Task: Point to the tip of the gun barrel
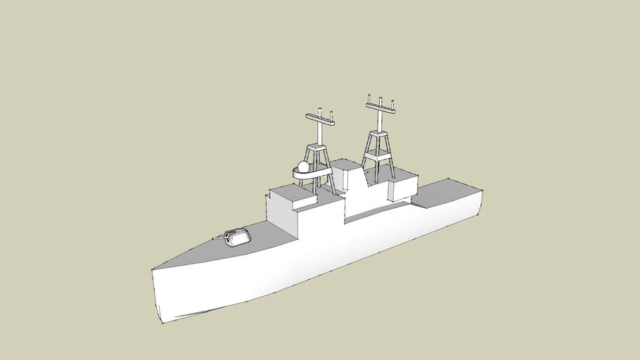pyautogui.click(x=213, y=239)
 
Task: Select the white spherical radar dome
pyautogui.click(x=303, y=167)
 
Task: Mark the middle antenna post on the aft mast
pyautogui.click(x=380, y=102)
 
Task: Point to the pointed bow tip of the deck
pyautogui.click(x=153, y=269)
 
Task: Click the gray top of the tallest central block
pyautogui.click(x=345, y=166)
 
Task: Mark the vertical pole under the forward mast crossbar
pyautogui.click(x=320, y=134)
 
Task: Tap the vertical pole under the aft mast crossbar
pyautogui.click(x=380, y=121)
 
